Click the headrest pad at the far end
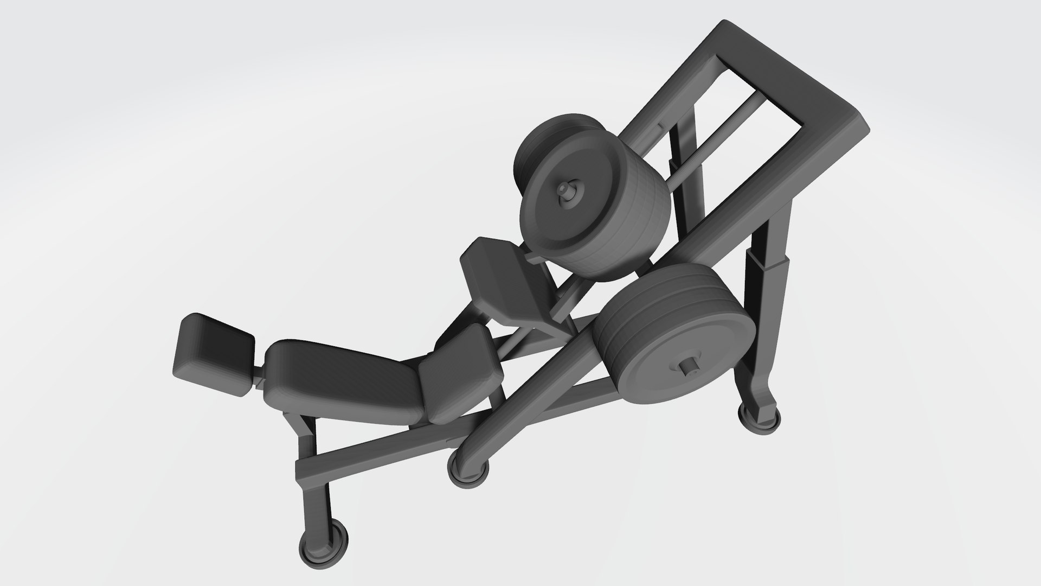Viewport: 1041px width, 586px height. (214, 353)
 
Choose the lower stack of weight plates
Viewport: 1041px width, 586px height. (672, 336)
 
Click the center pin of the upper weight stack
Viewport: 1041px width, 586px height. (566, 192)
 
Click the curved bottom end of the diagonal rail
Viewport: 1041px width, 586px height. (472, 442)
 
